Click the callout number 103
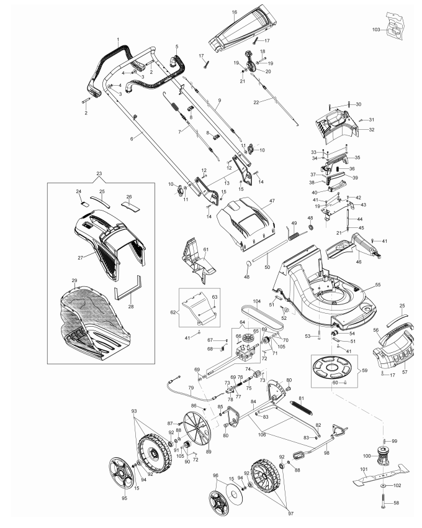pos(376,30)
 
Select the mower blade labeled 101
pos(381,475)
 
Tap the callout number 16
pos(235,12)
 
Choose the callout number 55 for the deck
pos(377,284)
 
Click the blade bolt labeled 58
pos(384,501)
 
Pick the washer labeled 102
pos(384,485)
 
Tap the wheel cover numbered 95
pos(121,473)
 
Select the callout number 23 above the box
pos(99,174)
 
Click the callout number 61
pos(206,250)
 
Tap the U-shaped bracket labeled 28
pos(128,288)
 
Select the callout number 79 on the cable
pos(191,388)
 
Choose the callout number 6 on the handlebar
pos(132,139)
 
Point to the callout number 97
pos(291,514)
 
